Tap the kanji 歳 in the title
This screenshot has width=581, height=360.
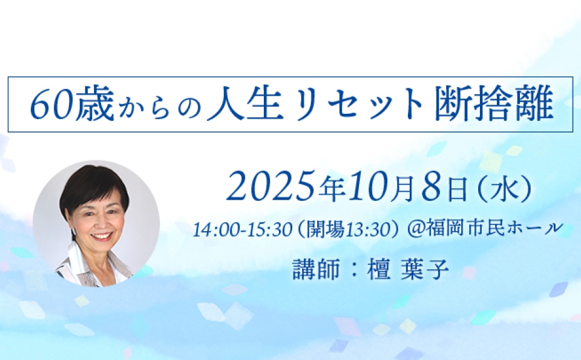coord(94,105)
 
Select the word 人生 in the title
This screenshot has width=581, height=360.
coord(243,104)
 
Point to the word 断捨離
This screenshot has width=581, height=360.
coord(494,105)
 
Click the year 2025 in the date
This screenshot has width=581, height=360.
coord(273,187)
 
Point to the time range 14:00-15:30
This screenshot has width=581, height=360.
coord(243,230)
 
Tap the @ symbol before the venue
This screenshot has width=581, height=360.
coord(415,229)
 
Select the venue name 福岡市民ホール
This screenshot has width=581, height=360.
coord(494,228)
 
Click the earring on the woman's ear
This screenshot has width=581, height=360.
coord(73,231)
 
